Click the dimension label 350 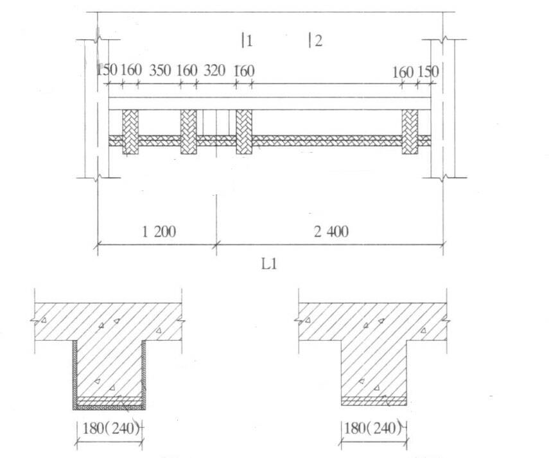pyautogui.click(x=159, y=71)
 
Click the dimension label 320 pyautogui.click(x=214, y=71)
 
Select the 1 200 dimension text pyautogui.click(x=157, y=231)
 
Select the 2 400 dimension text pyautogui.click(x=331, y=231)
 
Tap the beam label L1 pyautogui.click(x=270, y=263)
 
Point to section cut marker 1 pyautogui.click(x=247, y=41)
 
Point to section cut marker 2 pyautogui.click(x=315, y=41)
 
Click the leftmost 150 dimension pyautogui.click(x=107, y=71)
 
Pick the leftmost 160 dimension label pyautogui.click(x=130, y=71)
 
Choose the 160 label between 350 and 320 pyautogui.click(x=187, y=71)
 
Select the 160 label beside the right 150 pyautogui.click(x=403, y=72)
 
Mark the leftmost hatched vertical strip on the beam pyautogui.click(x=130, y=131)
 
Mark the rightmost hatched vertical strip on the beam pyautogui.click(x=410, y=131)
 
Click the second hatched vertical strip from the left pyautogui.click(x=188, y=131)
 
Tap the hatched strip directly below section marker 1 pyautogui.click(x=244, y=131)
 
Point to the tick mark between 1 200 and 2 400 pyautogui.click(x=217, y=243)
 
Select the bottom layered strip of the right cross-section pyautogui.click(x=373, y=401)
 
